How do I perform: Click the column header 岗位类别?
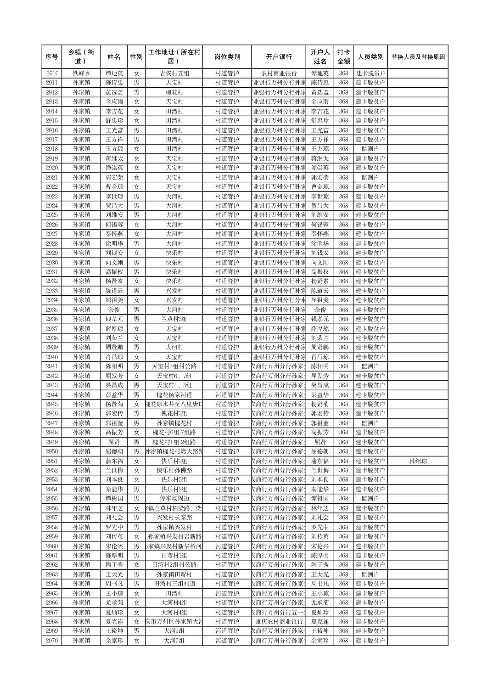pos(227,57)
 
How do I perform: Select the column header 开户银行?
pos(279,57)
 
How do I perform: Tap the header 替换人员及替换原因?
pos(418,57)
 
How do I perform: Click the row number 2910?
pos(52,73)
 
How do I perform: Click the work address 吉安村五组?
pos(174,73)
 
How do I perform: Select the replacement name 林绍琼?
pos(418,461)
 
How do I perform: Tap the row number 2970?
pos(52,641)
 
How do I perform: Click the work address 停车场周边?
pos(174,499)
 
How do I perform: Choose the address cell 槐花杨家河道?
pos(174,395)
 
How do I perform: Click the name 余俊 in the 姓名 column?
pos(114,310)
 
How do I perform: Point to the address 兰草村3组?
pos(174,319)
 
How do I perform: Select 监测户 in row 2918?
pos(370,149)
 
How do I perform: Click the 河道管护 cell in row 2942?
pos(227,376)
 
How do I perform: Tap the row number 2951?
pos(52,461)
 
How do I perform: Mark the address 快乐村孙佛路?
pos(174,470)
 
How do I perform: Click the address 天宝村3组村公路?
pos(174,366)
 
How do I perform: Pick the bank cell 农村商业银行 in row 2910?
pos(279,73)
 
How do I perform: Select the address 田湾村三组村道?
pos(174,584)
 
